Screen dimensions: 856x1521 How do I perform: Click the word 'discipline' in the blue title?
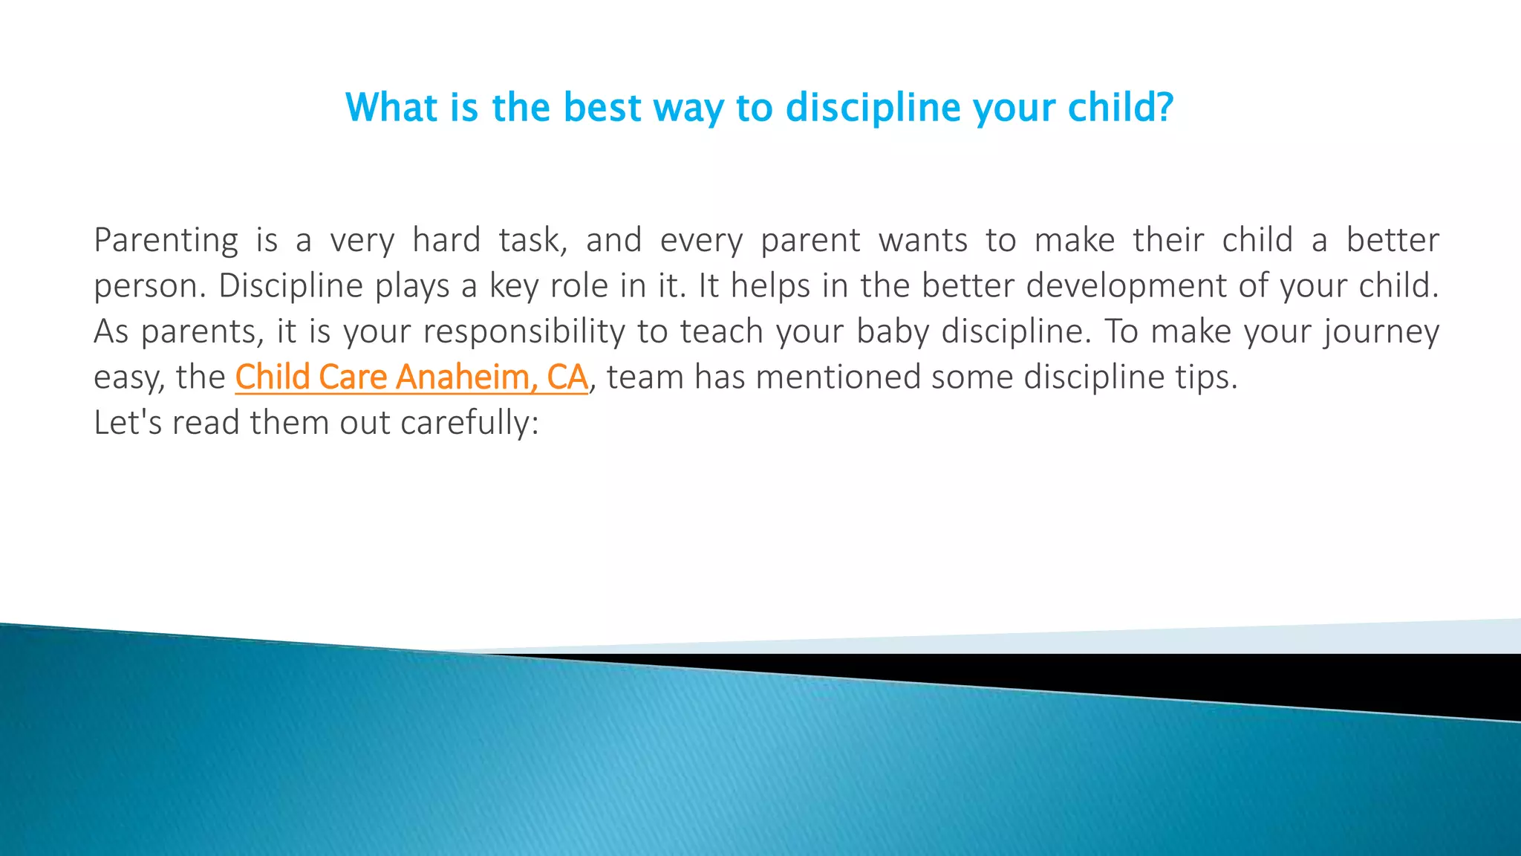874,108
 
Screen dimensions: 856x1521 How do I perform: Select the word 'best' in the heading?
602,108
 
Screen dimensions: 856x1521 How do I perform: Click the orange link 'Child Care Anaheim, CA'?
411,377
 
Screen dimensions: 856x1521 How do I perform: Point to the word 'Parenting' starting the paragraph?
166,241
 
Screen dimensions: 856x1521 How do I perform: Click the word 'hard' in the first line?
446,241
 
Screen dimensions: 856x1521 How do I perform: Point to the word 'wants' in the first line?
923,241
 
